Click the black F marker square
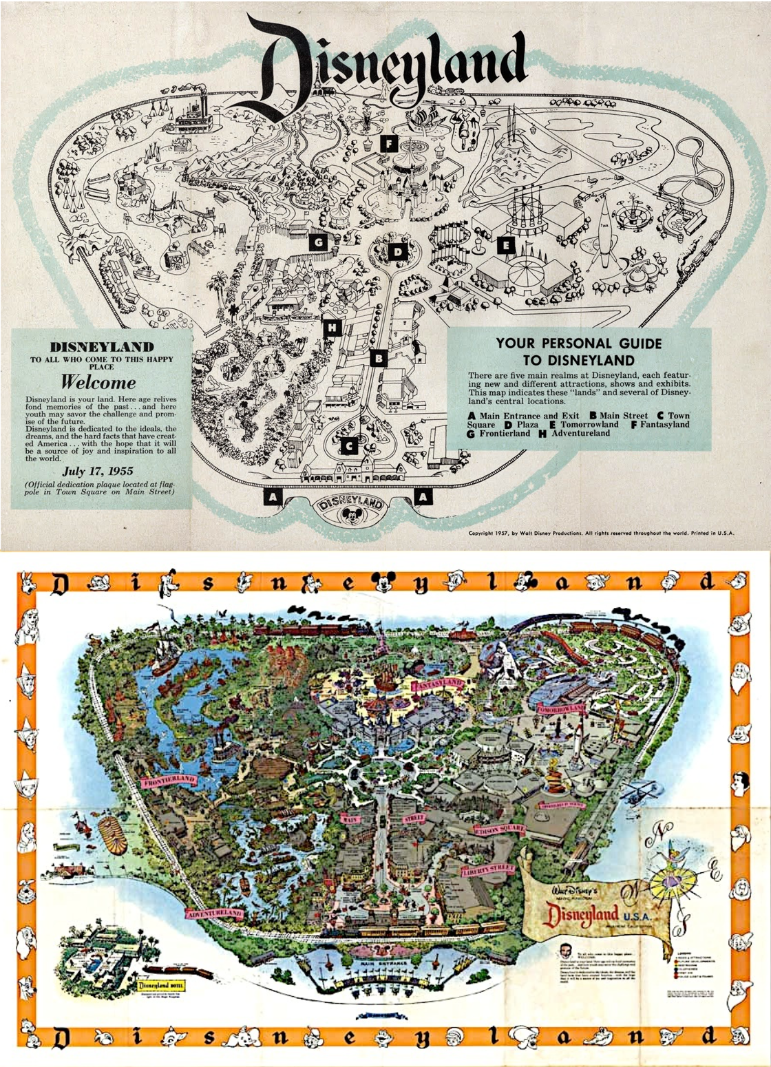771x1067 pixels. pos(389,144)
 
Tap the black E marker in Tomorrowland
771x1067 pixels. pos(506,244)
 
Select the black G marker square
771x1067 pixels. pos(318,242)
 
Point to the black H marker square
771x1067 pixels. pos(332,328)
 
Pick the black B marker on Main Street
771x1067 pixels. pos(378,358)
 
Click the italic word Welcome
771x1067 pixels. pos(98,382)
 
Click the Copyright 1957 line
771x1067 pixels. pos(601,533)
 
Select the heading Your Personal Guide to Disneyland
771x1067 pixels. pos(579,351)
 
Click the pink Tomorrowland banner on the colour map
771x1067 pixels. pos(561,708)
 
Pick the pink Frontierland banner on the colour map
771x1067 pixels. pos(167,781)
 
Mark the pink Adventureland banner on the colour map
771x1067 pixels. pos(214,913)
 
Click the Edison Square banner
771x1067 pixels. pos(498,830)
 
